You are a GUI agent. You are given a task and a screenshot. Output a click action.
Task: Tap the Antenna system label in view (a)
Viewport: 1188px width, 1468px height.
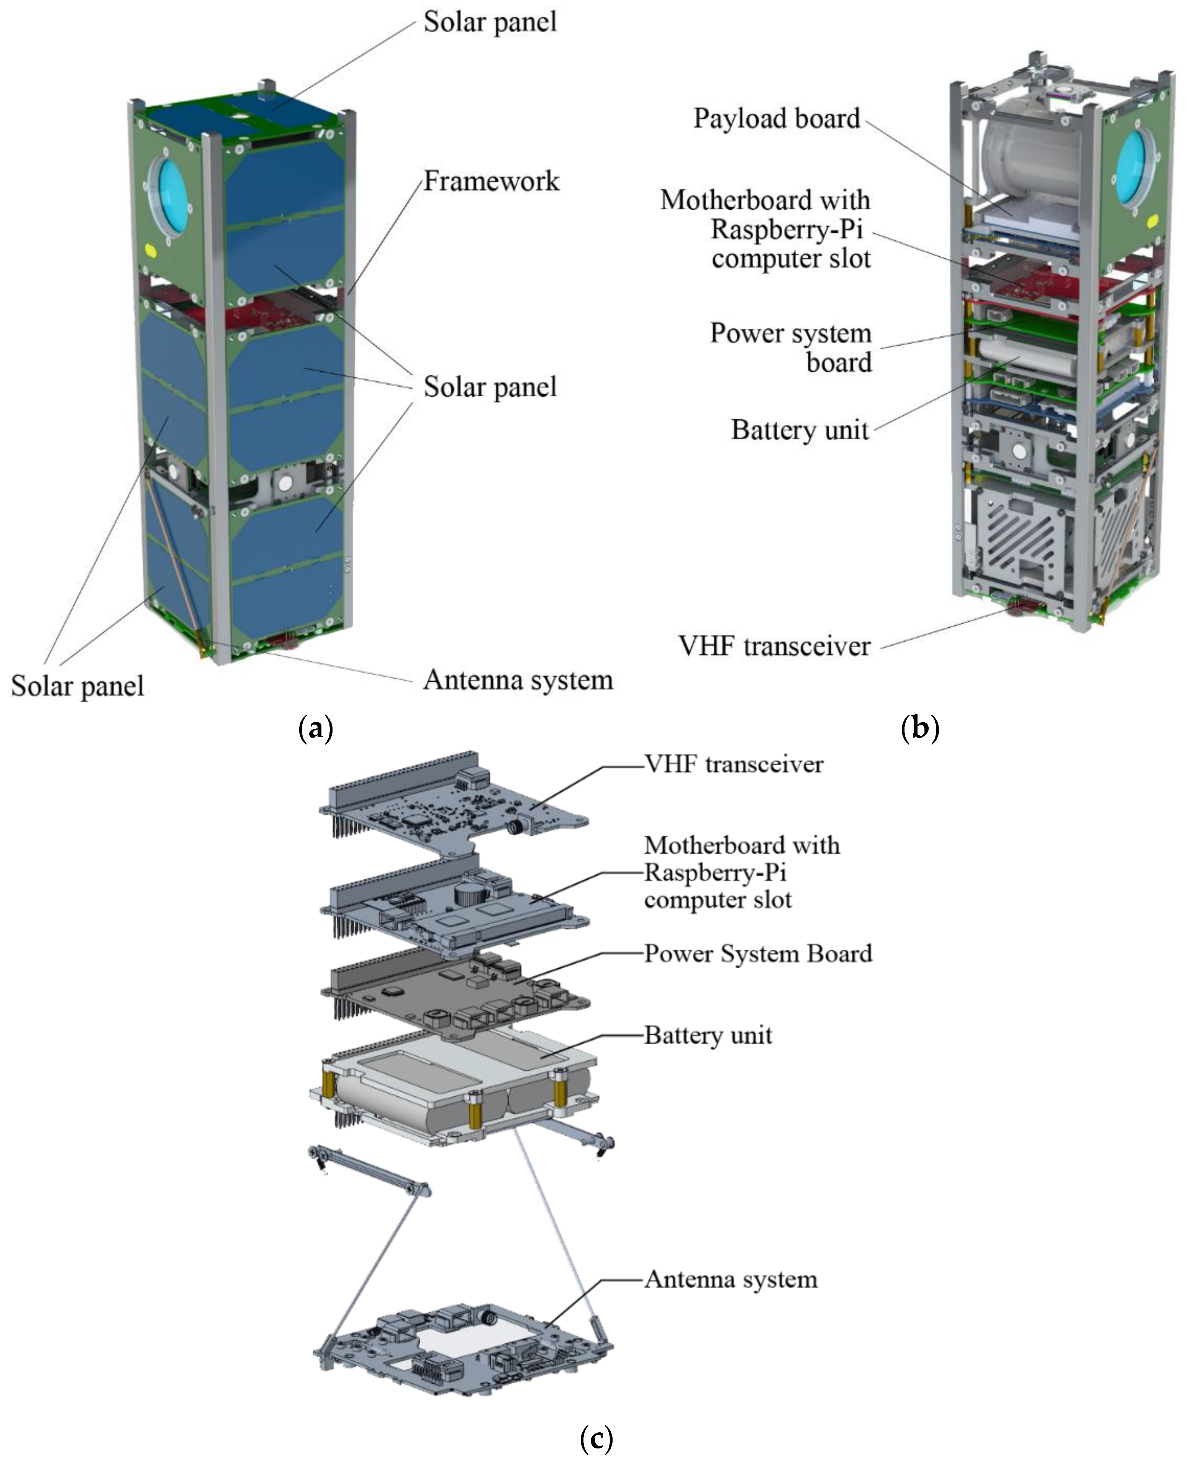point(518,680)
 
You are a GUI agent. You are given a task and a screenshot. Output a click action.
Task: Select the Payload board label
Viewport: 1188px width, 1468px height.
point(776,118)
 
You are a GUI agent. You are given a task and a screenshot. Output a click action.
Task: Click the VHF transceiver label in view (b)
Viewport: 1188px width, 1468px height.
point(774,646)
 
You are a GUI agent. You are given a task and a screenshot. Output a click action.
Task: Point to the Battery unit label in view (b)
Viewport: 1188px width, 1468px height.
point(799,430)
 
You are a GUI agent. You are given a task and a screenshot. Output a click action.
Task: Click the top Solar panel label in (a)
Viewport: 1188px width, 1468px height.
point(490,22)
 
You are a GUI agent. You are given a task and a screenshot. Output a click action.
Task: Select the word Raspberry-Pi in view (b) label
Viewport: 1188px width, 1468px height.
point(786,229)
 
